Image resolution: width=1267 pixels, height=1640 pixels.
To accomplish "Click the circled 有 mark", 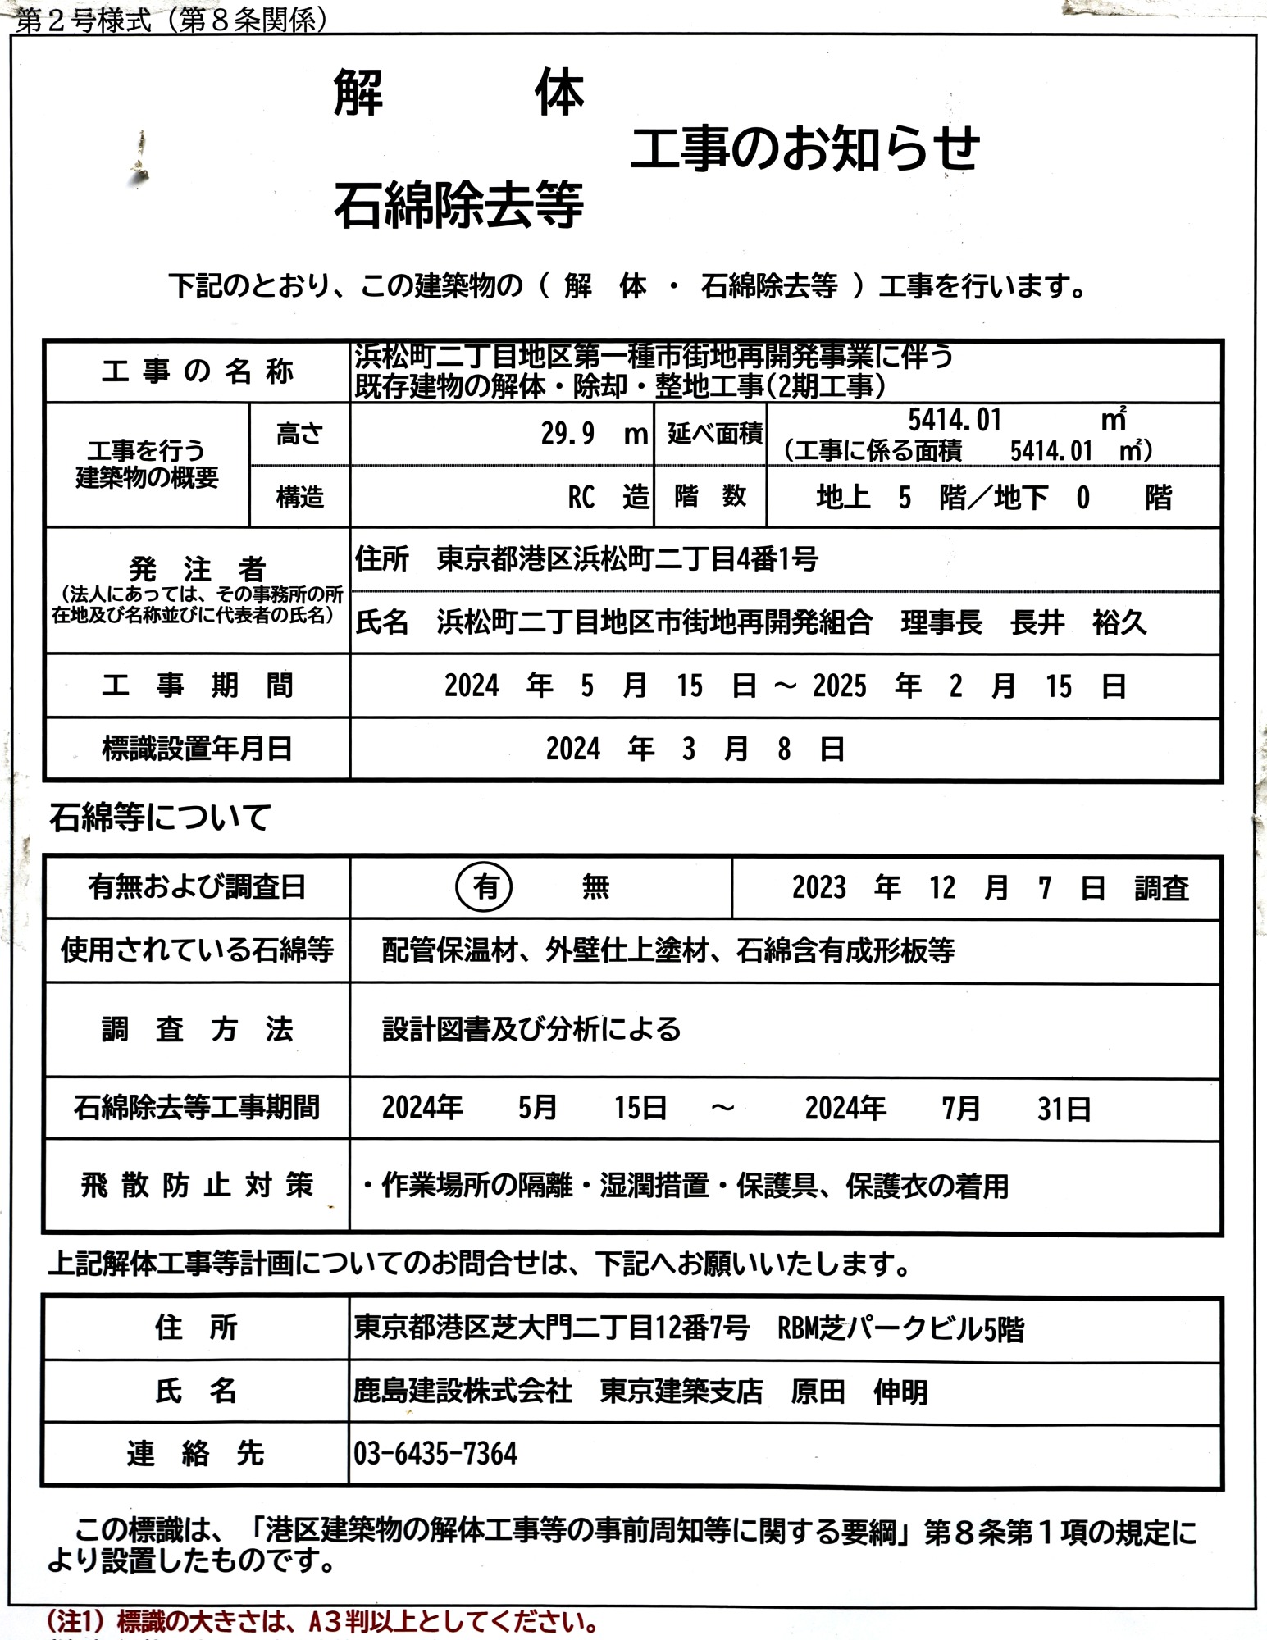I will click(485, 886).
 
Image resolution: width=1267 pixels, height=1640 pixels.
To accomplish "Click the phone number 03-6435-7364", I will click(435, 1454).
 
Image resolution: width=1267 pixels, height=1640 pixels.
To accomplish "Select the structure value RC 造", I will click(608, 497).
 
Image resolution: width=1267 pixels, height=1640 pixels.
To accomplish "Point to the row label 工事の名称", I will click(197, 371).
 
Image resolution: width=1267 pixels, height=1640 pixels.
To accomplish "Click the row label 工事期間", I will click(197, 686).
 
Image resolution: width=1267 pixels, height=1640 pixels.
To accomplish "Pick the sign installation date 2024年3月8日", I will click(695, 749).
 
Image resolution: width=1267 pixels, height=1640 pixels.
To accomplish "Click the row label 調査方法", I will click(197, 1029).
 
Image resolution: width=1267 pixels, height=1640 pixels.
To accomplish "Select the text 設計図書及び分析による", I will click(531, 1029).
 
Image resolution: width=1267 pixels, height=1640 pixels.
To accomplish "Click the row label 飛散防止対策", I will click(197, 1186).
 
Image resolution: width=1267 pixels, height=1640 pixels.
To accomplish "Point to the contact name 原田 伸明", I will click(859, 1392).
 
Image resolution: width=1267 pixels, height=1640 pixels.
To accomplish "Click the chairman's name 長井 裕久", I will click(1078, 622).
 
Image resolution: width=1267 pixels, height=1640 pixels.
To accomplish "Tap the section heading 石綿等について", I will click(160, 818).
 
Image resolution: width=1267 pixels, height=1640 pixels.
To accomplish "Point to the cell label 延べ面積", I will click(714, 434).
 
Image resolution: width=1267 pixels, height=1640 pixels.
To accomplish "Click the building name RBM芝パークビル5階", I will click(900, 1329).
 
